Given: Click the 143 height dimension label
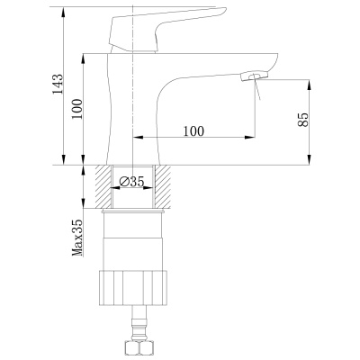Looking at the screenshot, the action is click(x=58, y=84).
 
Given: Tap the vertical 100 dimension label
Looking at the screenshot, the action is click(x=76, y=109).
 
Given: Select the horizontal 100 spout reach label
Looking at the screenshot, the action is click(x=193, y=131).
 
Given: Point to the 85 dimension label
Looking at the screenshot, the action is click(x=303, y=120).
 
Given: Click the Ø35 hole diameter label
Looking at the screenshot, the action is click(x=132, y=181).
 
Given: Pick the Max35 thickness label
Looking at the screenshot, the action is click(x=77, y=238).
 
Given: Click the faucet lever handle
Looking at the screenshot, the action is click(x=162, y=29).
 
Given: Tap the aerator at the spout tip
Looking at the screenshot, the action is click(x=254, y=76).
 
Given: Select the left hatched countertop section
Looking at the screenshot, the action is click(x=103, y=186).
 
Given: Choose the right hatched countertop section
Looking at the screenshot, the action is click(x=162, y=186).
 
